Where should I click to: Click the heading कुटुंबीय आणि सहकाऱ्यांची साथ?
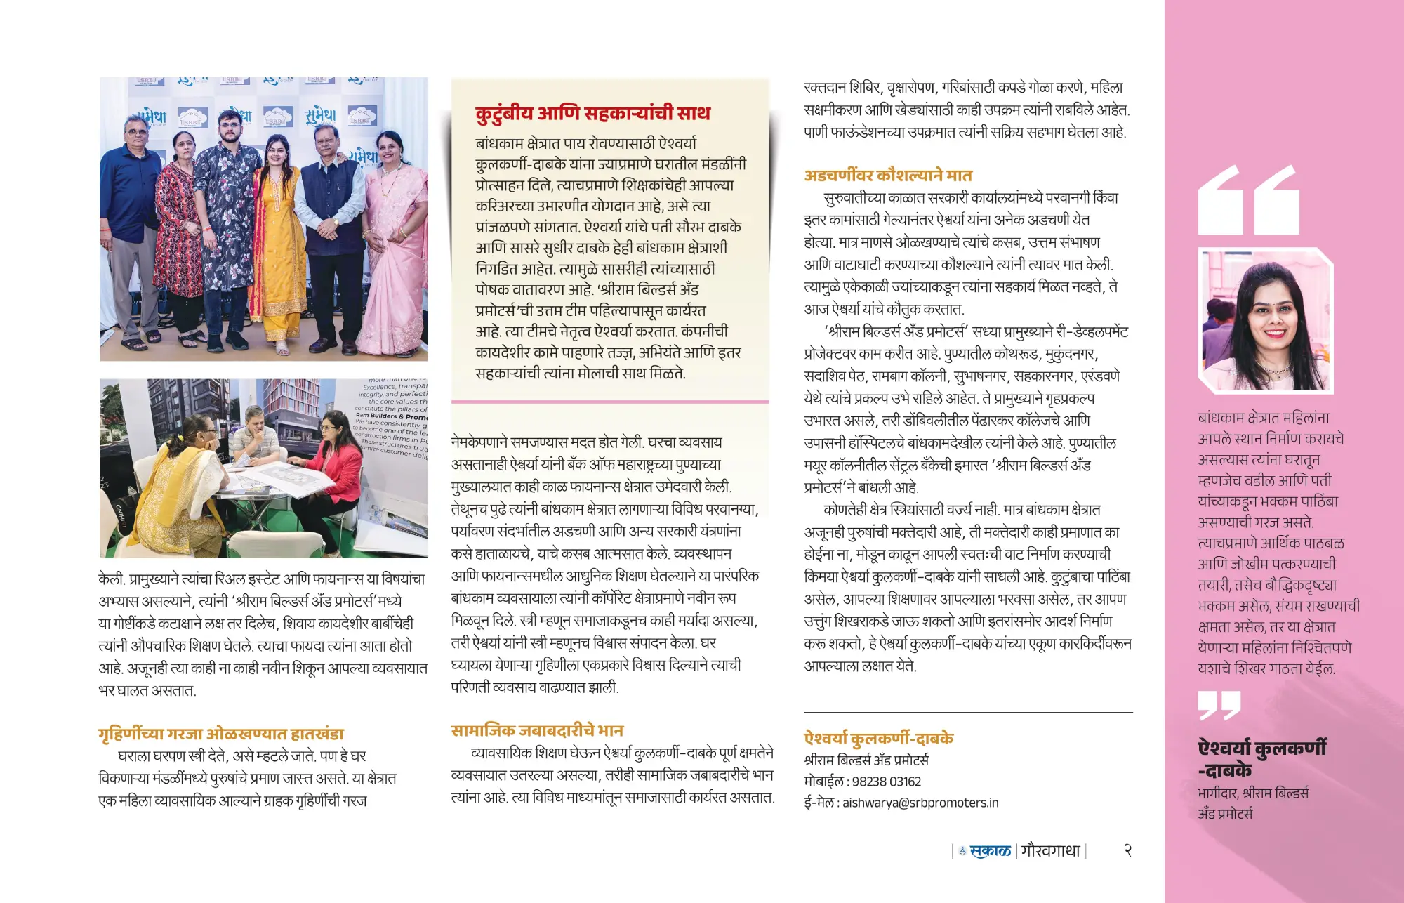click(592, 113)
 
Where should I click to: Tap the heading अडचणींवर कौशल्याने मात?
click(888, 176)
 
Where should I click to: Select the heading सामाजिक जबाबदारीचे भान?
click(537, 730)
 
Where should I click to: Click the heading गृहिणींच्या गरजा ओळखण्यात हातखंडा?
click(221, 734)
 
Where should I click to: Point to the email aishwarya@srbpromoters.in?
click(920, 803)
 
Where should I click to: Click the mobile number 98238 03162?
click(886, 782)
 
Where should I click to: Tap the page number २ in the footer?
click(1127, 850)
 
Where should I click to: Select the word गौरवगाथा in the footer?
click(1050, 851)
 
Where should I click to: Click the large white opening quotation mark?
click(1248, 200)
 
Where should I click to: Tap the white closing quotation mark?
click(1219, 705)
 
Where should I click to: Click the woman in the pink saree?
click(397, 225)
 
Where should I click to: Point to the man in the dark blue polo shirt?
click(133, 211)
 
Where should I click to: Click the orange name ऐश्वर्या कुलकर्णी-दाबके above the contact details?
click(878, 739)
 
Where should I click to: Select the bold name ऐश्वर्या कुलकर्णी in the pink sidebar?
click(1261, 748)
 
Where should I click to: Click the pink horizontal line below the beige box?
click(609, 402)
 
